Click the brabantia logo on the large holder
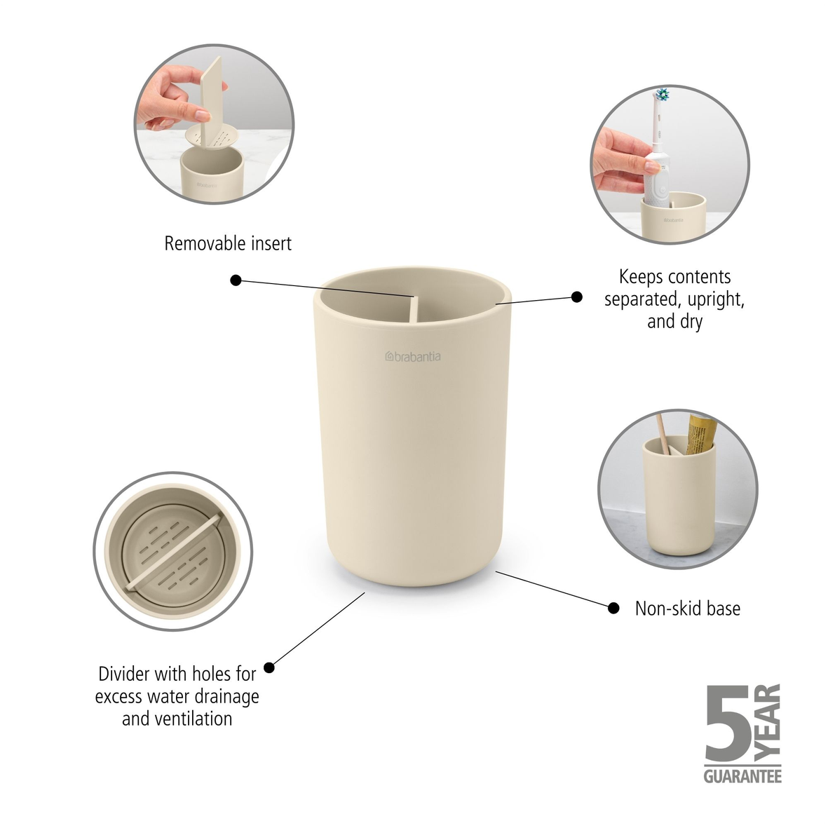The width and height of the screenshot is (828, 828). pyautogui.click(x=413, y=356)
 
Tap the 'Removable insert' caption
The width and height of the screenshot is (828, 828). pyautogui.click(x=228, y=244)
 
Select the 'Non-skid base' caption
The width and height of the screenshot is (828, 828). pyautogui.click(x=687, y=609)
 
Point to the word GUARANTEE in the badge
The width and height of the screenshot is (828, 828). pyautogui.click(x=742, y=776)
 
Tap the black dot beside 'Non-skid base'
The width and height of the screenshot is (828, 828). pyautogui.click(x=613, y=608)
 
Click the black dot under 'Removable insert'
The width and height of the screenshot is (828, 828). pyautogui.click(x=236, y=280)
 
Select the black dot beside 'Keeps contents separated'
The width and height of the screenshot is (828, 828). pyautogui.click(x=576, y=297)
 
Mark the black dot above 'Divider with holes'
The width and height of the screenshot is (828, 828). pyautogui.click(x=269, y=667)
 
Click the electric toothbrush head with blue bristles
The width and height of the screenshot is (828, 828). pyautogui.click(x=662, y=95)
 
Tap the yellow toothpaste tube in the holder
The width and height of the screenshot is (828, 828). pyautogui.click(x=700, y=432)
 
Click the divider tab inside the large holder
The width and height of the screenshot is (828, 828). pyautogui.click(x=414, y=309)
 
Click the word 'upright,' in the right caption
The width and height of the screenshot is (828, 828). pyautogui.click(x=716, y=299)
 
